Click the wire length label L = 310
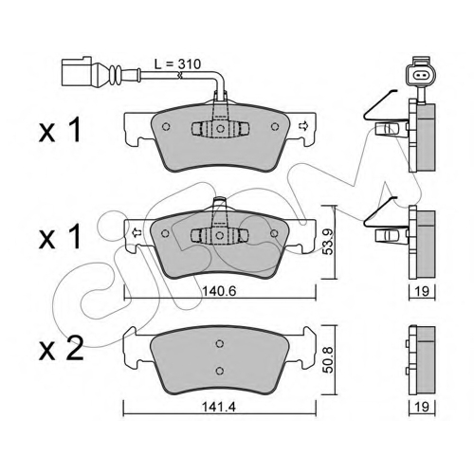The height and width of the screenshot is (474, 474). point(177,64)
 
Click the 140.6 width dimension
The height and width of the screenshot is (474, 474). point(219,291)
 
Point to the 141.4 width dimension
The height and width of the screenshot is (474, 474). point(219,408)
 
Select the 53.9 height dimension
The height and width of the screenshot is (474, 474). point(329,242)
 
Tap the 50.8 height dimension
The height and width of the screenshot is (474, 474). point(329,360)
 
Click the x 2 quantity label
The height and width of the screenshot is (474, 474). point(62,349)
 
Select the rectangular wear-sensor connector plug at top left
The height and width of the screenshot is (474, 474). point(77,71)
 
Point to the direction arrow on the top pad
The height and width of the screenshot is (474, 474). point(302,126)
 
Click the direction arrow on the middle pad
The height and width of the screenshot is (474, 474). point(137,232)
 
